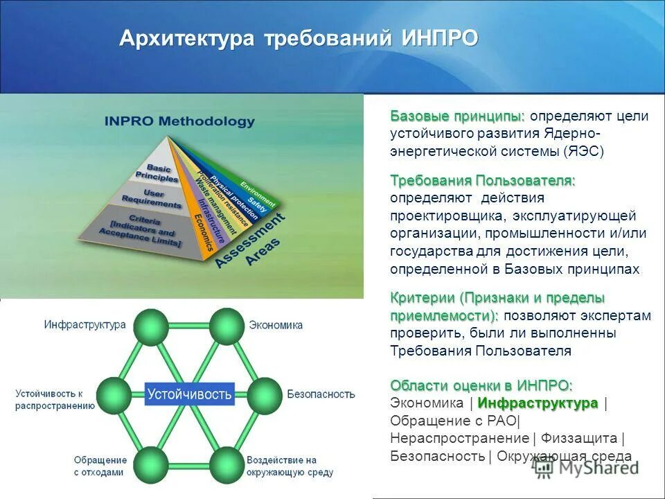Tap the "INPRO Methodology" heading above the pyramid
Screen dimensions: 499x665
[179, 121]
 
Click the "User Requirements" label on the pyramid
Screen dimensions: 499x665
[151, 199]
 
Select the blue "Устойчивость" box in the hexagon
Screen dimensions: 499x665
[189, 394]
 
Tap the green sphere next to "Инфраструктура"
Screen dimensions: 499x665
[151, 326]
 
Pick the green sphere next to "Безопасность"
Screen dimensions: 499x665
[264, 395]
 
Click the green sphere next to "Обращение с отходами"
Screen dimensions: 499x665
[152, 464]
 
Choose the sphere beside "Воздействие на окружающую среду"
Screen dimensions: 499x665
[226, 464]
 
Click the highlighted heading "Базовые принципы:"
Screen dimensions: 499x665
[457, 116]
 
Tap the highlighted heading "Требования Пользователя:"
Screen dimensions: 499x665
[482, 181]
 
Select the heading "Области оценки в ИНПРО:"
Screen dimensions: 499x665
[481, 385]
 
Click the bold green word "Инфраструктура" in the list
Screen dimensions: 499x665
[538, 403]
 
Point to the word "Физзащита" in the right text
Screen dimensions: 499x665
[579, 438]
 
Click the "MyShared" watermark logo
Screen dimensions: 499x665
[587, 468]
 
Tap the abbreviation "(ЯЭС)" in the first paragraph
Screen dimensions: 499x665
[584, 151]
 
